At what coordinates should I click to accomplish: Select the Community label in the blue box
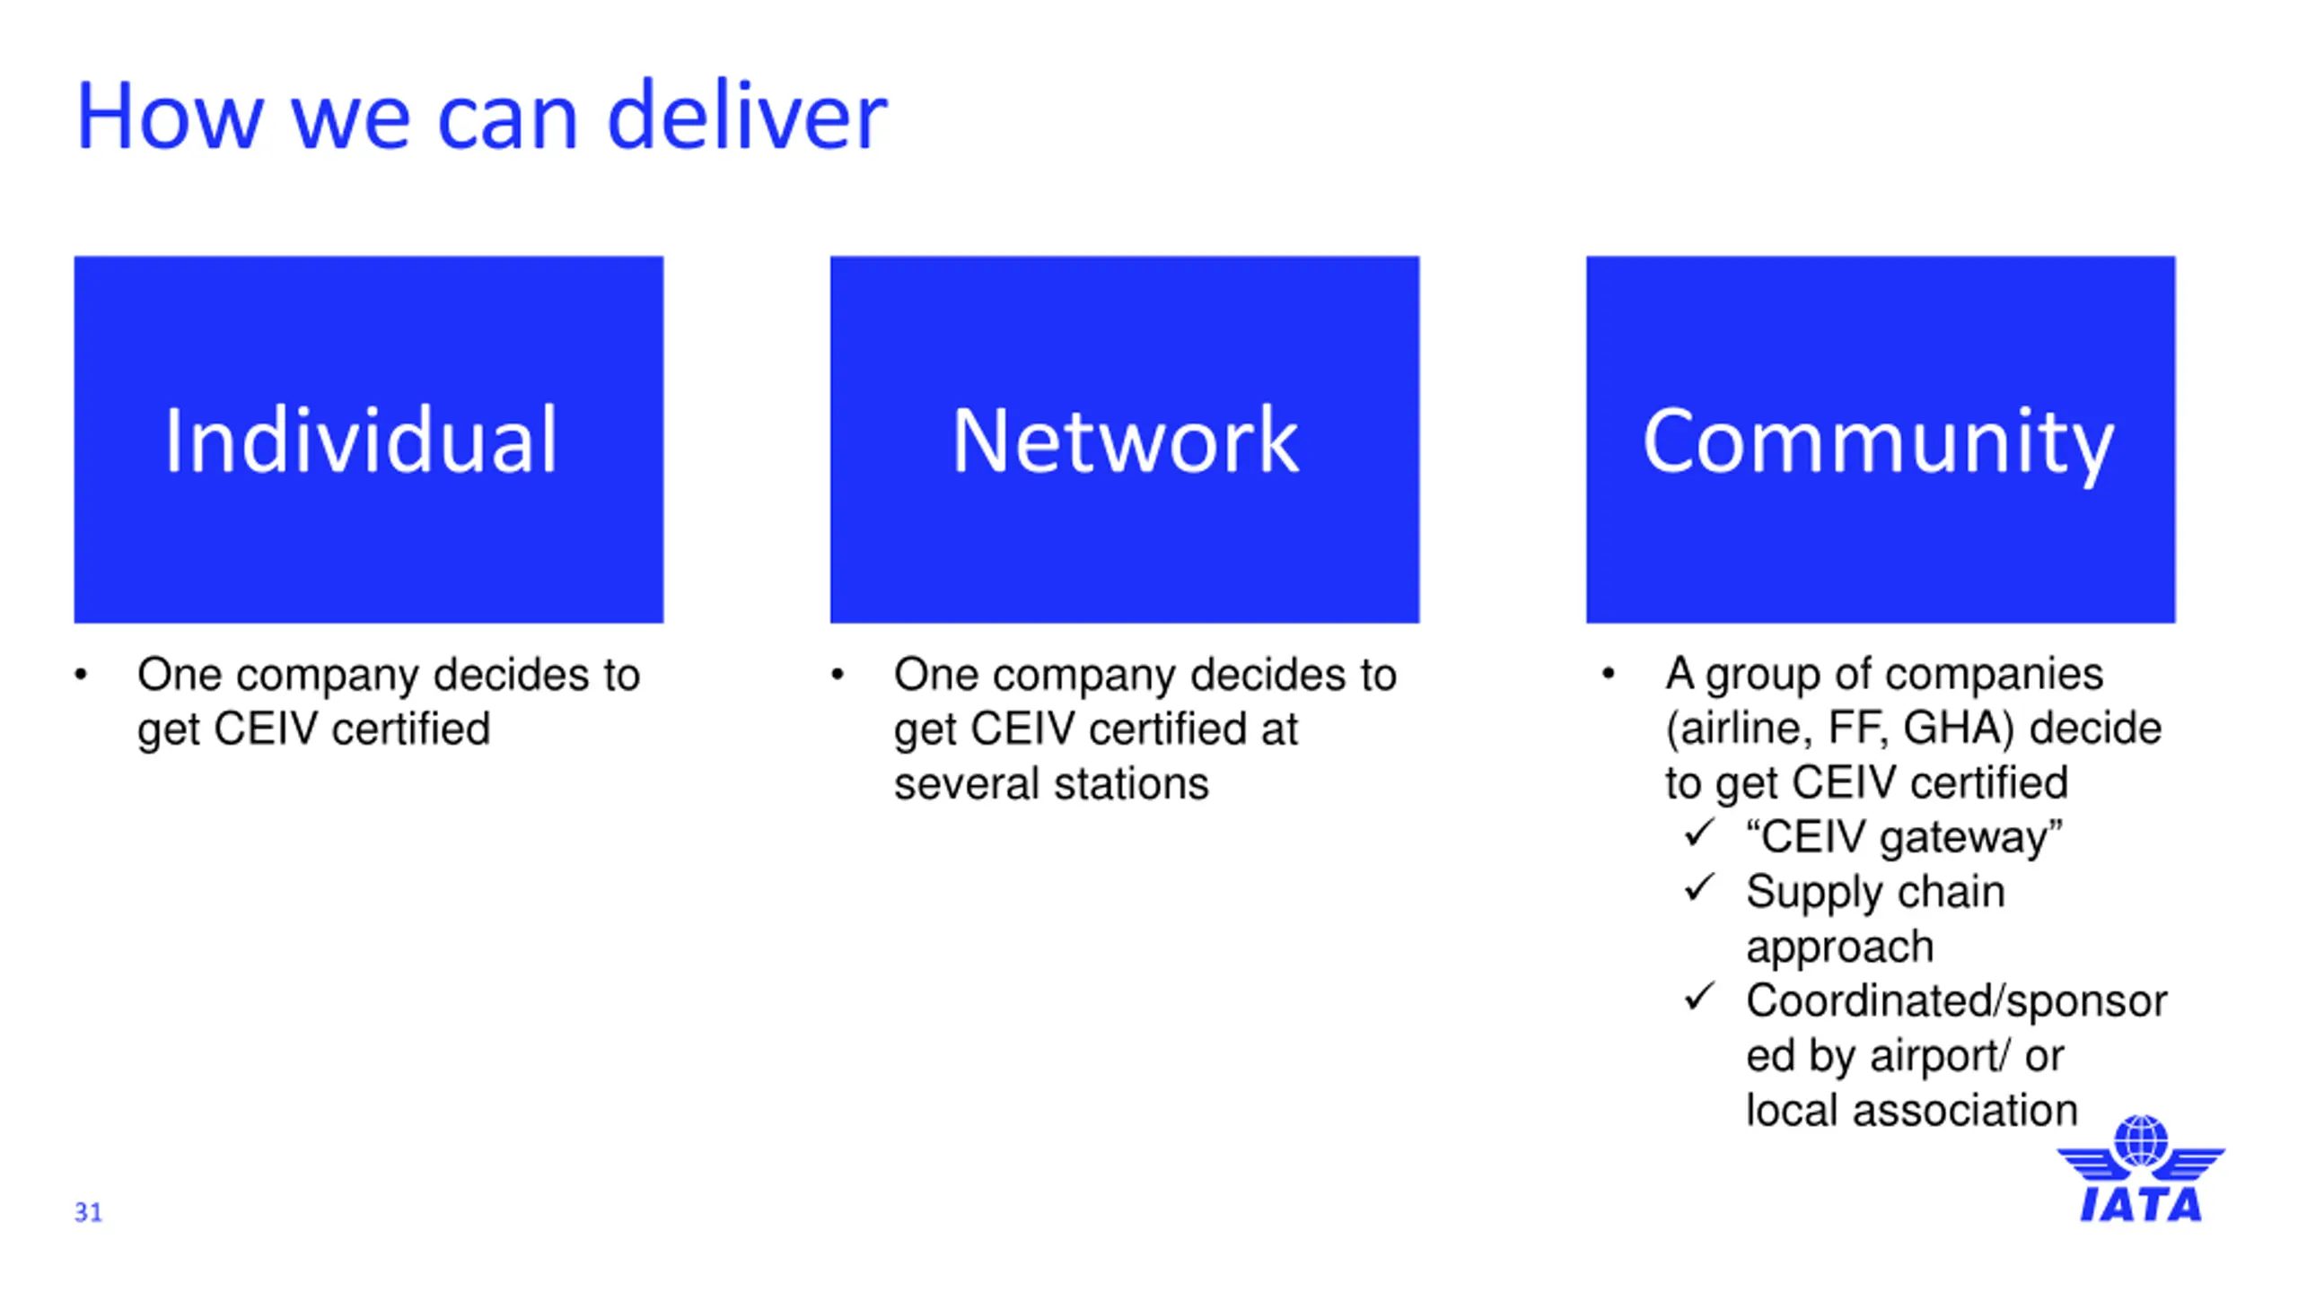coord(1879,441)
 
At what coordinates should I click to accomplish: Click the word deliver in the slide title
coord(747,117)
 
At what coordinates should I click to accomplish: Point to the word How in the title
coord(170,117)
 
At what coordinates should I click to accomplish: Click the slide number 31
coord(88,1212)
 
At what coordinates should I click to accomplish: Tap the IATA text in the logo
coord(2141,1205)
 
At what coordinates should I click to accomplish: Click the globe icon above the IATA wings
coord(2141,1140)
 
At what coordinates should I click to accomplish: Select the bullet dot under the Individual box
coord(82,675)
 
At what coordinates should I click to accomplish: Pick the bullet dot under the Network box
coord(838,675)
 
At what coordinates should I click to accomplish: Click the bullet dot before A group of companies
coord(1608,673)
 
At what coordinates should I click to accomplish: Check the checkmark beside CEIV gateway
coord(1699,833)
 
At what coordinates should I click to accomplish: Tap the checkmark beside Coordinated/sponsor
coord(1699,996)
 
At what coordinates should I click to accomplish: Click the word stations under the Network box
coord(1131,783)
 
